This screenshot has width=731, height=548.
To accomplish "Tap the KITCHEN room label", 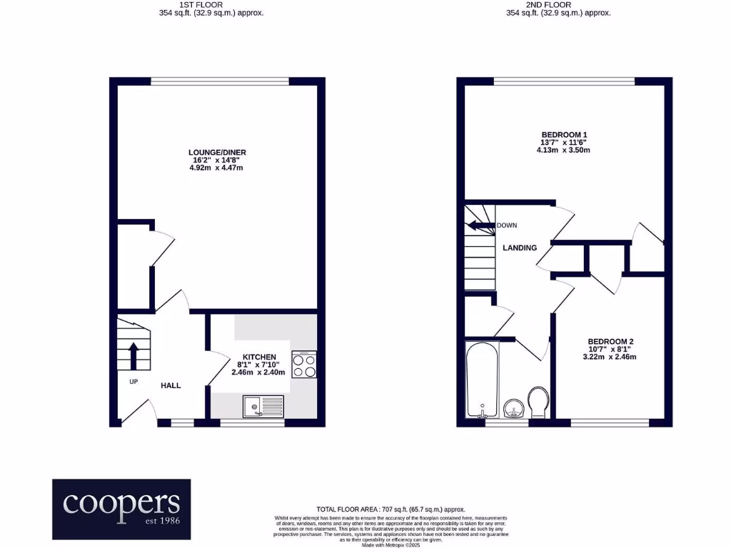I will coord(258,357).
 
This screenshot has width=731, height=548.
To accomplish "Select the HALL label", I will coord(171,385).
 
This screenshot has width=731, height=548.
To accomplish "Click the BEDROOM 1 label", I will coord(564,135).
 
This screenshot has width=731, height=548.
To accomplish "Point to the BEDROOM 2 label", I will coord(611,341).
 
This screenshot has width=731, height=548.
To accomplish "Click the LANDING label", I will coord(520,248).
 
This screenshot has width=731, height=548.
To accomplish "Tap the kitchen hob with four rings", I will coord(304,365).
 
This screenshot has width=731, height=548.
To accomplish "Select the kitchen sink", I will coord(263,407).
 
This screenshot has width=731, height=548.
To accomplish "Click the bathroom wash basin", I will coord(513,410).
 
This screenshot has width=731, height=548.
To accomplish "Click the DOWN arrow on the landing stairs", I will coord(480,227).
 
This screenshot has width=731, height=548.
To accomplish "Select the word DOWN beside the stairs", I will coord(507,225).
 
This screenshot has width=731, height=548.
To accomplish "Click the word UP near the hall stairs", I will coord(133,382).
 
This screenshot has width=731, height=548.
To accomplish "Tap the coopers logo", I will coord(121,509).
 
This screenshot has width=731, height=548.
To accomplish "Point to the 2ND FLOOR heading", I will coord(558,4).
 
